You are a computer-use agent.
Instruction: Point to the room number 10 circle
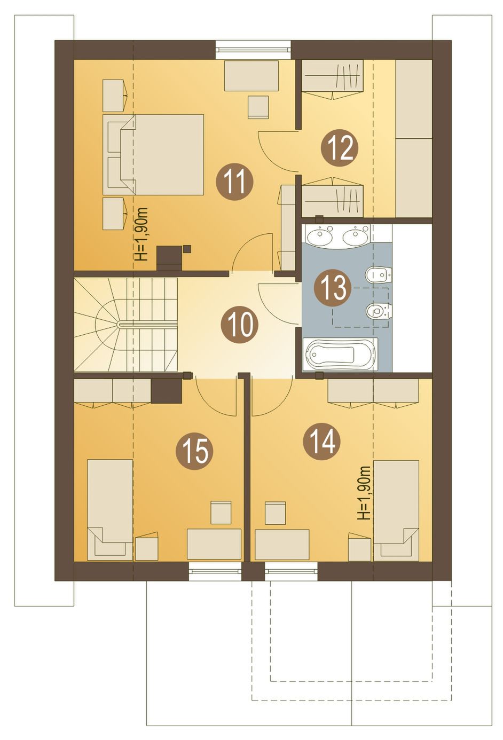[239, 325]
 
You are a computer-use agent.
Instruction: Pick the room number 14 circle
[321, 443]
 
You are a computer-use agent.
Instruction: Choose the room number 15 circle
[194, 451]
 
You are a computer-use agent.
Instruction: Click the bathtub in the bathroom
[340, 355]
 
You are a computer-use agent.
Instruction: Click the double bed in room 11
[153, 154]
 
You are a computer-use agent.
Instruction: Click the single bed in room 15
[110, 509]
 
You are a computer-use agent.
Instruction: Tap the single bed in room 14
[396, 511]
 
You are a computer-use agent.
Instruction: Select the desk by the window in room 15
[214, 544]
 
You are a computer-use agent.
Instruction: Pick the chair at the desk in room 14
[275, 513]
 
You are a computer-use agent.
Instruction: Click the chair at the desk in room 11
[258, 107]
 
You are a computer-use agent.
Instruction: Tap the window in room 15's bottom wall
[215, 571]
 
